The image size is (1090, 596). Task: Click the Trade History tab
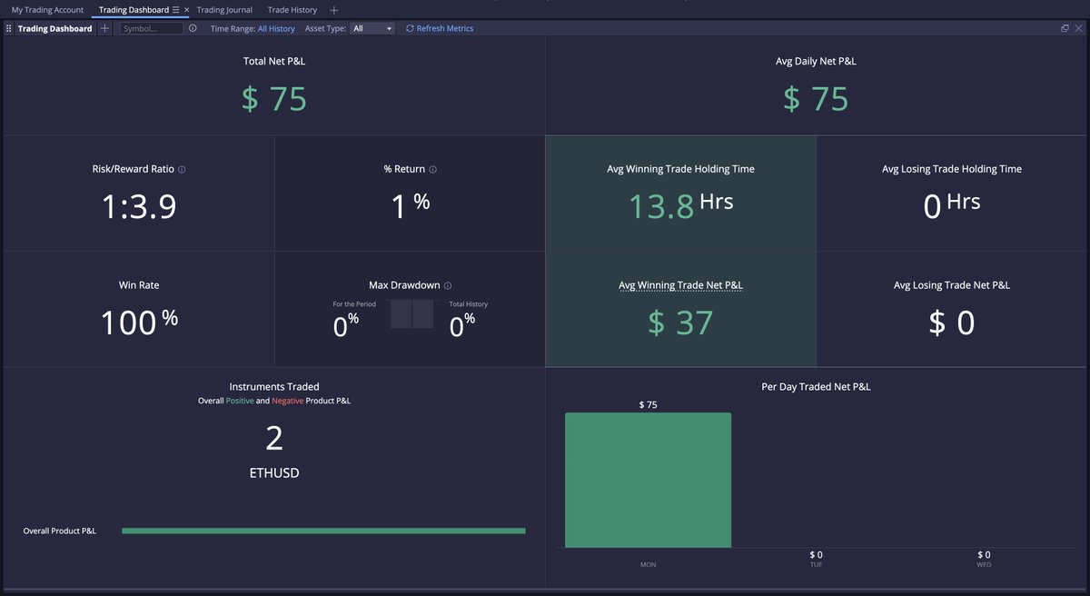[292, 10]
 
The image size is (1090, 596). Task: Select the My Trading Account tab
[47, 10]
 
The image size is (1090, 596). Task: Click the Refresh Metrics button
[440, 28]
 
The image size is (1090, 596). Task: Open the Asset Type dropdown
[372, 28]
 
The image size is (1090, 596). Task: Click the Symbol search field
[152, 28]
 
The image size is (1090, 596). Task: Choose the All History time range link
[276, 28]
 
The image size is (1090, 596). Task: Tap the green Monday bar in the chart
[648, 480]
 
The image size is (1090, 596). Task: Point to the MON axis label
[648, 564]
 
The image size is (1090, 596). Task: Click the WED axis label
[984, 564]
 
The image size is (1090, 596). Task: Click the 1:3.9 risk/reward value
[138, 207]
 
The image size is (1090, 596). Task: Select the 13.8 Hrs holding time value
[680, 205]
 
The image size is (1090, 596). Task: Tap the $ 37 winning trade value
[680, 323]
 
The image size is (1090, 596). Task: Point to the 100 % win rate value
[138, 323]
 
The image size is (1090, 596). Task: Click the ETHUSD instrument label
[274, 472]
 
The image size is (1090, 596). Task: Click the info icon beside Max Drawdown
[448, 285]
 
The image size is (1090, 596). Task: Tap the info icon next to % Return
[432, 170]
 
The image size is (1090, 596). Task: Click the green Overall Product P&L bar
[322, 531]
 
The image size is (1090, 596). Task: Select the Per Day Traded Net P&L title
[816, 386]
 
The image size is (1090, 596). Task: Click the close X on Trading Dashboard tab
[186, 10]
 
